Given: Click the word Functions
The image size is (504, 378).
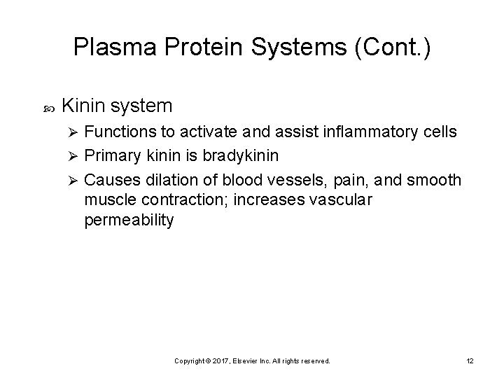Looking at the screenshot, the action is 118,133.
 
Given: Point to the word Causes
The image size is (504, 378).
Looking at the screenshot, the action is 107,180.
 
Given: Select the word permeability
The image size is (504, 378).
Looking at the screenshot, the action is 129,220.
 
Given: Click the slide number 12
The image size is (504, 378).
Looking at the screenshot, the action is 469,361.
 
